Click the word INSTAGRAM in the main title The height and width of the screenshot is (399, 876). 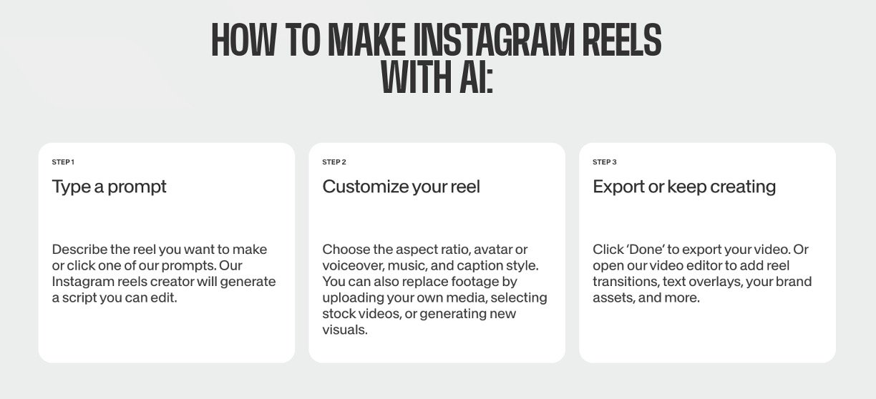[494, 40]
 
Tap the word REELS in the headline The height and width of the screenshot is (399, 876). [622, 40]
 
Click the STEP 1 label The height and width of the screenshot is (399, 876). [63, 162]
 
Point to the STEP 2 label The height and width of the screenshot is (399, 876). [334, 162]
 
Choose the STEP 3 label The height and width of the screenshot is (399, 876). [605, 162]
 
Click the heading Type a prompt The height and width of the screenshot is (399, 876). [109, 187]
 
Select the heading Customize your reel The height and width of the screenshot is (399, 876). [401, 187]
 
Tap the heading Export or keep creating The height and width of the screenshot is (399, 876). [684, 187]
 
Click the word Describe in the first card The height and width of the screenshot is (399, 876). [79, 250]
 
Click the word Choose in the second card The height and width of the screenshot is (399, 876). [346, 250]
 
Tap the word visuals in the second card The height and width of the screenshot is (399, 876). [345, 330]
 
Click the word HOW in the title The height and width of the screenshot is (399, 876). [243, 40]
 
